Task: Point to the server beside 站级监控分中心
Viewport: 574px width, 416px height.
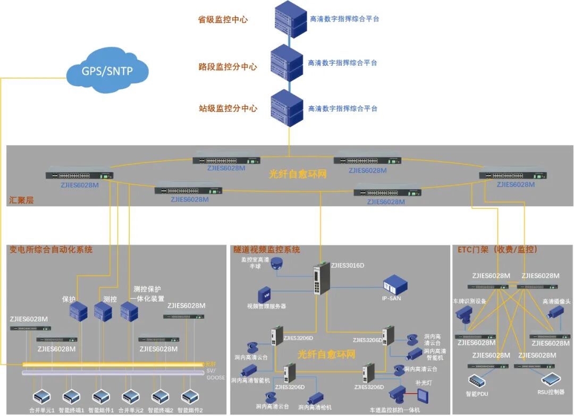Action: pyautogui.click(x=287, y=109)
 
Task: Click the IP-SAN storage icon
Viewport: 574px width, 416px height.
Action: pyautogui.click(x=395, y=285)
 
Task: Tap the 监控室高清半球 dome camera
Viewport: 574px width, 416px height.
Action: pyautogui.click(x=276, y=262)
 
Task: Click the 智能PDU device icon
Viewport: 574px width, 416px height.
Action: pyautogui.click(x=477, y=381)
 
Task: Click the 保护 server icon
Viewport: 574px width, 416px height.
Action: pyautogui.click(x=78, y=310)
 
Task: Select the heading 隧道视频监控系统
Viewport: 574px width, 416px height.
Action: pyautogui.click(x=267, y=249)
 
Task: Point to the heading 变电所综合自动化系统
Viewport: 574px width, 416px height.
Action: pyautogui.click(x=51, y=249)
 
